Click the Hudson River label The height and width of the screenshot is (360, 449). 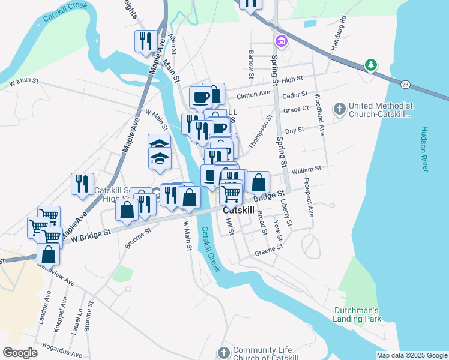pos(424,149)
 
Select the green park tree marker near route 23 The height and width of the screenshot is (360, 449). pos(372,65)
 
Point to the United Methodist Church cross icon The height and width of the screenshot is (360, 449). pos(340,109)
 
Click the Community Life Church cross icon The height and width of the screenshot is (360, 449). pos(224,352)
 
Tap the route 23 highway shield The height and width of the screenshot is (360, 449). pos(406,84)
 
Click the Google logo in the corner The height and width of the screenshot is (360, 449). pos(20,353)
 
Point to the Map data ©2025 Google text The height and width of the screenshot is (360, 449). pos(412,355)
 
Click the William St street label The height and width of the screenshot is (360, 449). pos(306,170)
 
